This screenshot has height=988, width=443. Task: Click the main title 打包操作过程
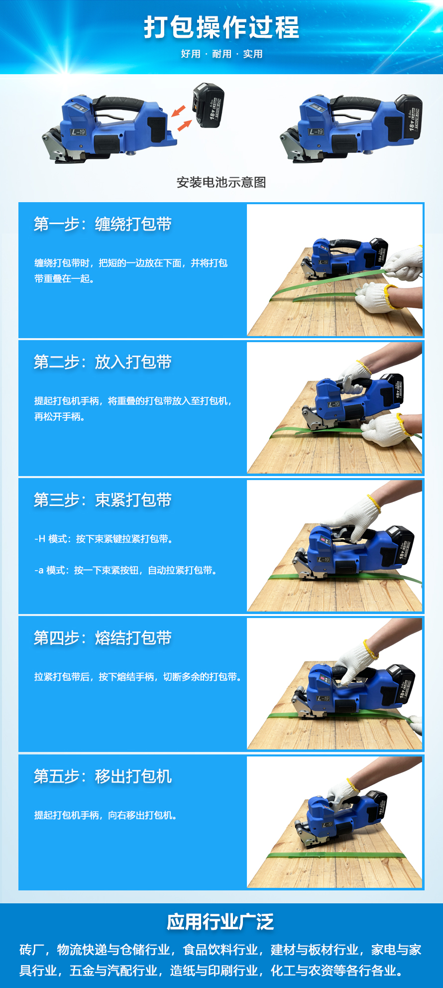coord(221,27)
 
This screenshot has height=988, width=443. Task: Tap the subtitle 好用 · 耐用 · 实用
coord(221,54)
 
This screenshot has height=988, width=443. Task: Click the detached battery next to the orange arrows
coord(208,106)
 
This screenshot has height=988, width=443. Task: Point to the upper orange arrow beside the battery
coord(178,111)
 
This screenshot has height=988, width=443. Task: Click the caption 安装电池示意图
coord(221,182)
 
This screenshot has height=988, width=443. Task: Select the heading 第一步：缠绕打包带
coord(103,224)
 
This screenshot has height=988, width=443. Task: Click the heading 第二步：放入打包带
coord(103,362)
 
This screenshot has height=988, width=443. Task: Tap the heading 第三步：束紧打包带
coord(103,500)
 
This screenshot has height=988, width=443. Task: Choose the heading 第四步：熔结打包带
coord(103,638)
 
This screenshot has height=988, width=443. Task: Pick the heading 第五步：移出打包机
coord(103,776)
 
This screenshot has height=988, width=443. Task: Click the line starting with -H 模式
coord(104,539)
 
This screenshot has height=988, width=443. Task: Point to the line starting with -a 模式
coord(126,570)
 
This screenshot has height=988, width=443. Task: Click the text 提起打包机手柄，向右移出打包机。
coord(106,815)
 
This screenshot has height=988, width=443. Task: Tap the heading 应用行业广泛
coord(221,922)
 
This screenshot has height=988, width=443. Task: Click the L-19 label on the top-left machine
coord(79,132)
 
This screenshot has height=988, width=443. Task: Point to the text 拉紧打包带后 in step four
coord(62,677)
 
